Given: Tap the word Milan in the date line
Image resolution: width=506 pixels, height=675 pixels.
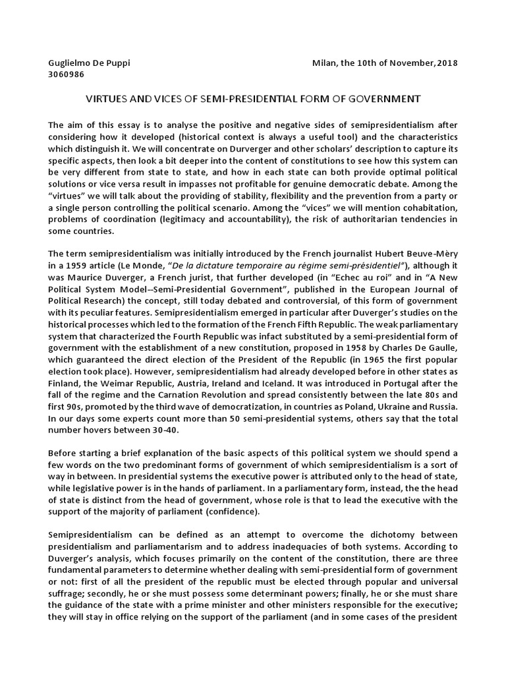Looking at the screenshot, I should [x=325, y=63].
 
